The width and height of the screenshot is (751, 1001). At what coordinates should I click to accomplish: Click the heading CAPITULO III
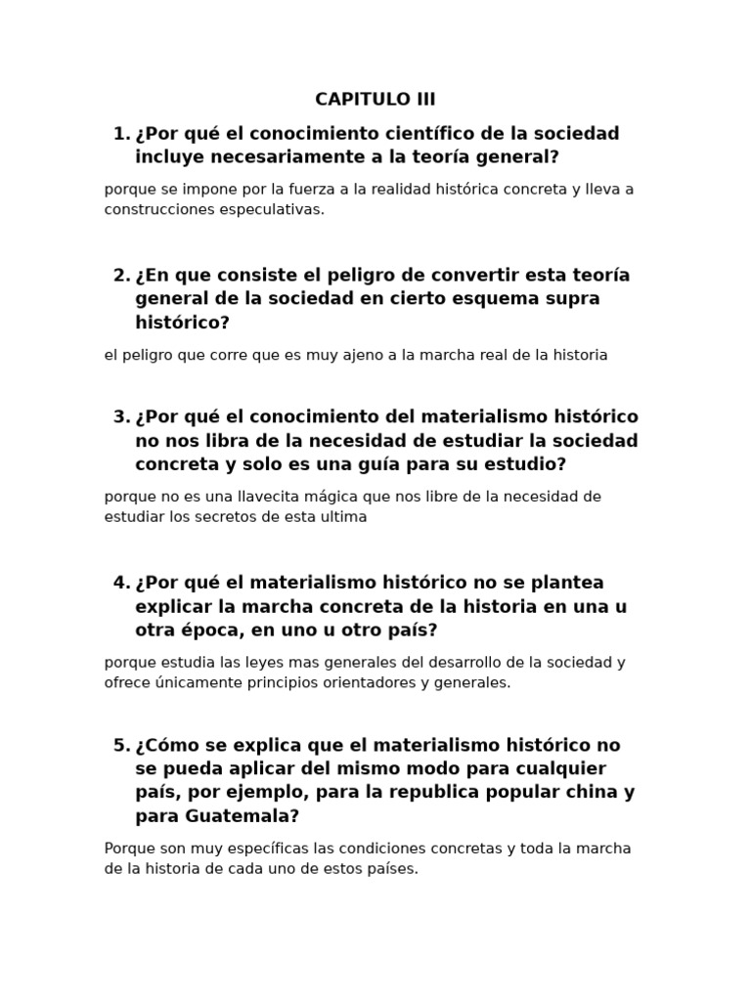click(x=375, y=99)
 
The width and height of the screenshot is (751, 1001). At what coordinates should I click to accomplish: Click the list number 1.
click(x=121, y=133)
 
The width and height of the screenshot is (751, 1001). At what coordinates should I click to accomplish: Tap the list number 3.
click(x=121, y=416)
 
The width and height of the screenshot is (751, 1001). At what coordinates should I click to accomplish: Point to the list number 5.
click(x=121, y=745)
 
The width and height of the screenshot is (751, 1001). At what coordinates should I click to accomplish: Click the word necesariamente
click(x=288, y=156)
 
